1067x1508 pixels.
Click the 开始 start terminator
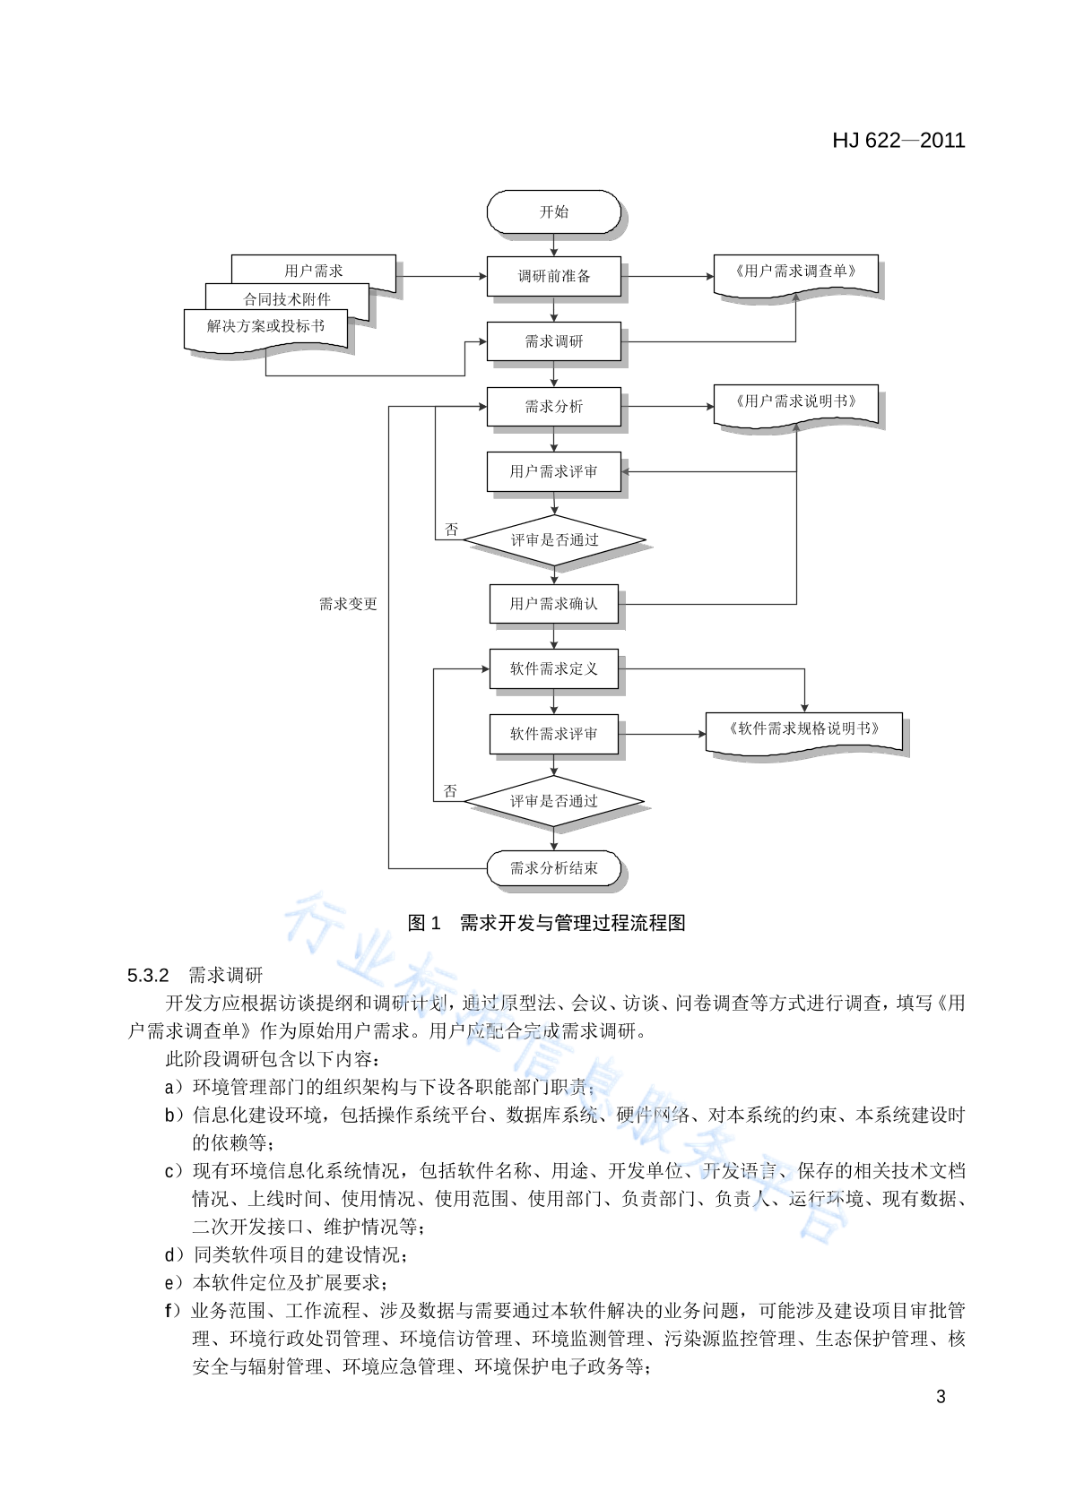pyautogui.click(x=554, y=212)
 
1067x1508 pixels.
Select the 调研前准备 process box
pyautogui.click(x=554, y=276)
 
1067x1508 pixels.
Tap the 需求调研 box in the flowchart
pyautogui.click(x=554, y=341)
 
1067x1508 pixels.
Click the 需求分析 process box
pyautogui.click(x=554, y=407)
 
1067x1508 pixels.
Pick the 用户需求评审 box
pyautogui.click(x=554, y=471)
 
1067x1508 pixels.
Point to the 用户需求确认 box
pyautogui.click(x=554, y=604)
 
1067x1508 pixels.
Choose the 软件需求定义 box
pyautogui.click(x=554, y=668)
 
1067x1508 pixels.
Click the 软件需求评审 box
pyautogui.click(x=554, y=734)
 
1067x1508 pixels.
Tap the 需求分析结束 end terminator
pyautogui.click(x=554, y=867)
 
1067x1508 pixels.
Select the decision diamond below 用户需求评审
pyautogui.click(x=554, y=540)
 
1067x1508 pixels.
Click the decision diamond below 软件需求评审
pyautogui.click(x=554, y=801)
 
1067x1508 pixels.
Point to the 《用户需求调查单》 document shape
pyautogui.click(x=795, y=276)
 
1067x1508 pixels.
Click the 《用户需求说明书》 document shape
pyautogui.click(x=795, y=407)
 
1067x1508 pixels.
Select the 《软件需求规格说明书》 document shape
pyautogui.click(x=804, y=734)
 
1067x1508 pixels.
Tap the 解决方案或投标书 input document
pyautogui.click(x=265, y=331)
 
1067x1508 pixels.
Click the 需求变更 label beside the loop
pyautogui.click(x=348, y=604)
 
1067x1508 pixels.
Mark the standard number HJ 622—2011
pyautogui.click(x=898, y=140)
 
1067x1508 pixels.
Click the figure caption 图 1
pyautogui.click(x=424, y=922)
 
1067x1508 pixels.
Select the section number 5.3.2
pyautogui.click(x=148, y=976)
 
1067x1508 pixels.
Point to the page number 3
pyautogui.click(x=941, y=1397)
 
